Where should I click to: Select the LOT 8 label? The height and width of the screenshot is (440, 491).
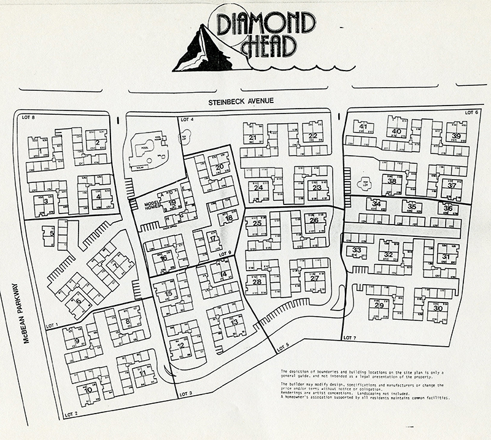point(28,116)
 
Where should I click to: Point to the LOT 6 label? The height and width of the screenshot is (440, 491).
point(471,112)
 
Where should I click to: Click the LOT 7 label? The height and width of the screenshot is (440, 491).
point(349,338)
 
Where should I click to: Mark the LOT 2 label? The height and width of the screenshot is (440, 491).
point(72,415)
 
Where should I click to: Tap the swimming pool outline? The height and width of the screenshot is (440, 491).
point(145,149)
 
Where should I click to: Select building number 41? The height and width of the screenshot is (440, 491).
point(363,127)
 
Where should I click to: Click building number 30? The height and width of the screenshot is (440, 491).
point(438,308)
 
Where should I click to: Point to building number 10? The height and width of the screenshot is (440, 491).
point(88,389)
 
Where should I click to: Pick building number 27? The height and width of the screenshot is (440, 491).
point(314,279)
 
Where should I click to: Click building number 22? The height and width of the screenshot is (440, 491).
point(313,136)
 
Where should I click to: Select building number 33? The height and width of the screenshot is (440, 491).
point(357,250)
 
